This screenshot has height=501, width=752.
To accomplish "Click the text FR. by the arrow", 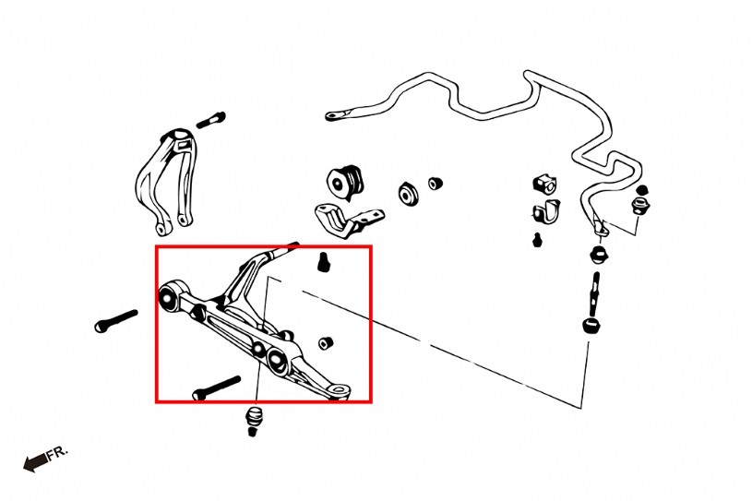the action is pos(58,453).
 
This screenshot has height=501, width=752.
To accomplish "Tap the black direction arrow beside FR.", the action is pos(35,462).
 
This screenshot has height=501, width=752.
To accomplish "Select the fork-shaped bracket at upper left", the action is pos(167,181).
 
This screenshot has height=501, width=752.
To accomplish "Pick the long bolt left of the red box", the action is pos(116,321).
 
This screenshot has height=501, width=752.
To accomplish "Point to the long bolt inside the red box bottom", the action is pos(216,388).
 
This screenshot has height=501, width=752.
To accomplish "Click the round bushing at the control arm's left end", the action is pos(168,298).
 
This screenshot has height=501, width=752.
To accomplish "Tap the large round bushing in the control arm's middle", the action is pos(278,362).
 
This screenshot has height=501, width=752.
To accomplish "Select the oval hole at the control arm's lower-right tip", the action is pos(340,388).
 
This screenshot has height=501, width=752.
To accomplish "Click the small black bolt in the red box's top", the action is pos(324,261).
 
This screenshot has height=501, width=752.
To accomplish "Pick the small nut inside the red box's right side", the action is pos(326,343).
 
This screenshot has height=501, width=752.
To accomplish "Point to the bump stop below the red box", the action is pos(253,421).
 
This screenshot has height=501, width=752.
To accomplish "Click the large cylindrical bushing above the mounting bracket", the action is pos(346,182).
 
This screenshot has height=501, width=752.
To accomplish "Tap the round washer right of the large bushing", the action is pos(409,194).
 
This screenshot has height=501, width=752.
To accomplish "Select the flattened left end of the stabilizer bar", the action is pos(338,114).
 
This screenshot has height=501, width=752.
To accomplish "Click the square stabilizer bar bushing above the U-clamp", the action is pos(544,185).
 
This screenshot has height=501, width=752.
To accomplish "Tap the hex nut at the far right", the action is pos(640,206).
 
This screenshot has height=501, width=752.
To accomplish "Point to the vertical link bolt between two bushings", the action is pos(595,292).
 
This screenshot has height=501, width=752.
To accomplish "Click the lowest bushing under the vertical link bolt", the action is pos(591,326).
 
